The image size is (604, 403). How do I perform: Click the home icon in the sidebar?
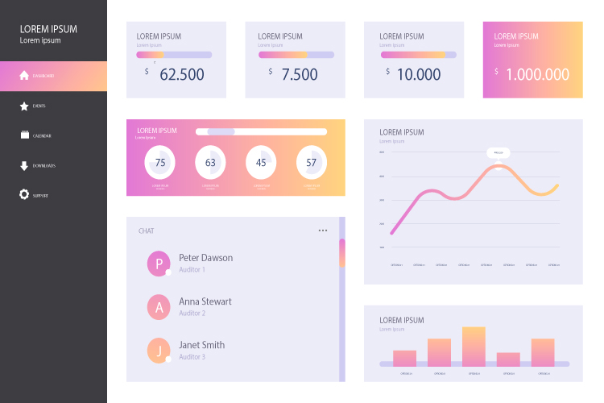tap(24, 76)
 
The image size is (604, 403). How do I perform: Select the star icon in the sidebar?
tap(24, 106)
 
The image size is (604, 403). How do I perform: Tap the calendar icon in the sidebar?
tap(24, 135)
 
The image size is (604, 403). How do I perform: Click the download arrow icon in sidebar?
tap(24, 166)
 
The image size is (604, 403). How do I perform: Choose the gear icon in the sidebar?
tap(24, 194)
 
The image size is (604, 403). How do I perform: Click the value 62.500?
tap(182, 74)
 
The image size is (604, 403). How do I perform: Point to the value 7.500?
tap(300, 74)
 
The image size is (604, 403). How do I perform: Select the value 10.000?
tap(419, 74)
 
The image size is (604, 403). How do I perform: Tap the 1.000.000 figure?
tap(537, 74)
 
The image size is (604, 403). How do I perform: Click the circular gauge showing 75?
tap(160, 163)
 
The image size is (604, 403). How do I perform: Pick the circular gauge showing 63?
tap(211, 163)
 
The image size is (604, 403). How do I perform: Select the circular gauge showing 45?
tap(261, 163)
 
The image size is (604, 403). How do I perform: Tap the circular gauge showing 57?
tap(312, 163)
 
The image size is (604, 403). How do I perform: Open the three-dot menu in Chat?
tap(323, 231)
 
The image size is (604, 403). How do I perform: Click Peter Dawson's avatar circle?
tap(159, 263)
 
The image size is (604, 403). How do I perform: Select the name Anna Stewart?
tap(205, 301)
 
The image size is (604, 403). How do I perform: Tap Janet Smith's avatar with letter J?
tap(159, 350)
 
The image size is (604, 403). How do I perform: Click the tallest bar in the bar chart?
tap(474, 347)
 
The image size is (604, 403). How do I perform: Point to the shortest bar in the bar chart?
tap(508, 359)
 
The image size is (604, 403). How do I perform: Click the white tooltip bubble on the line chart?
tap(498, 152)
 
